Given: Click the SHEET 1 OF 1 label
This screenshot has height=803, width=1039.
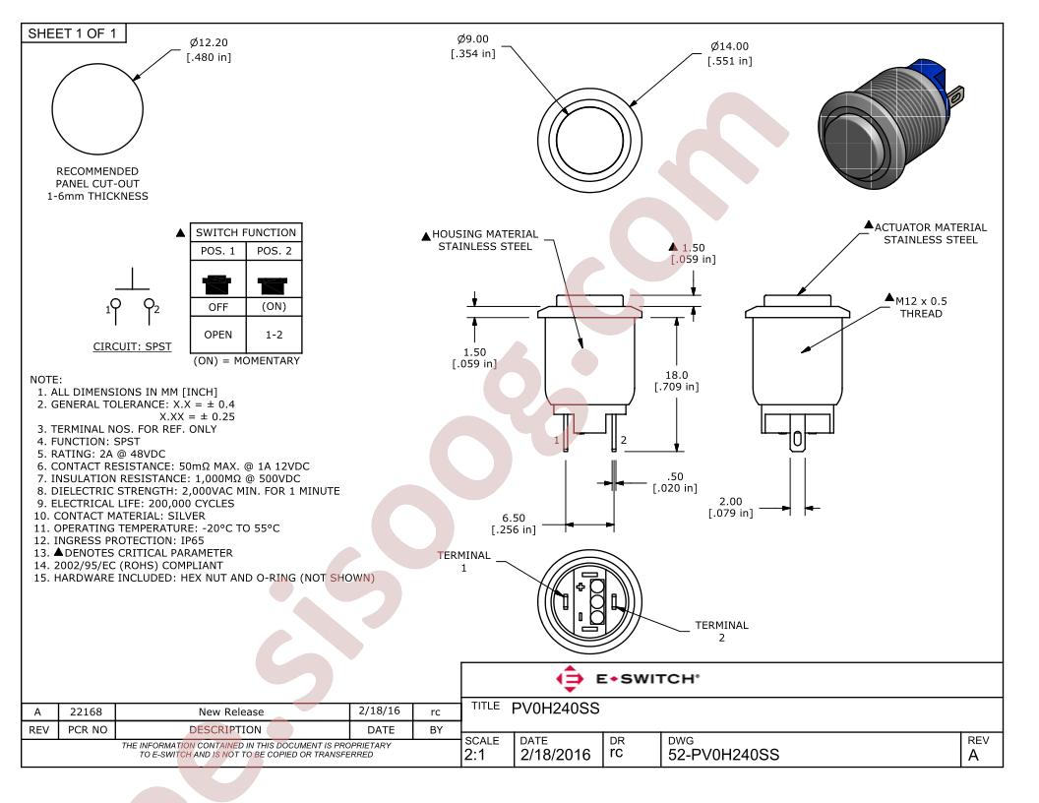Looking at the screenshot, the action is tap(72, 33).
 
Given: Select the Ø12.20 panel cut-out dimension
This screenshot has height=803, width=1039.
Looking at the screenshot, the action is tap(209, 49).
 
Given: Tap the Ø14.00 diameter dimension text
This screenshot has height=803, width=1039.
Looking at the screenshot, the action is tap(729, 54).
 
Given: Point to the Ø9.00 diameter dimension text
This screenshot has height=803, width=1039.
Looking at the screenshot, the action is tap(473, 46).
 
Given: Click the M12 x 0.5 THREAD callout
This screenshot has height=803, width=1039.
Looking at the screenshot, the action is tap(921, 307).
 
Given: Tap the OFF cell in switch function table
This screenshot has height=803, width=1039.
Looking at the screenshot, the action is tap(218, 307).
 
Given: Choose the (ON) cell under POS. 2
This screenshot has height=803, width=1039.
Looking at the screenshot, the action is tap(274, 307).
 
